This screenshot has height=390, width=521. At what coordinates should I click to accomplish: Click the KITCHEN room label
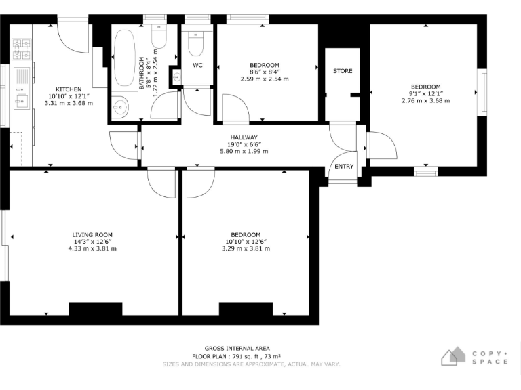click(69, 89)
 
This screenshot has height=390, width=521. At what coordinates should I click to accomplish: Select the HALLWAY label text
click(244, 137)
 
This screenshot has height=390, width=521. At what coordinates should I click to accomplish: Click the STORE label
click(343, 71)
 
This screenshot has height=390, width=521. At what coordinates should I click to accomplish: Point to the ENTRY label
click(344, 167)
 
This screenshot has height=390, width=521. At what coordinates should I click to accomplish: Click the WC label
click(197, 66)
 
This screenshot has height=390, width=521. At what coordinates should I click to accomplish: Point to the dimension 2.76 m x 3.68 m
click(425, 100)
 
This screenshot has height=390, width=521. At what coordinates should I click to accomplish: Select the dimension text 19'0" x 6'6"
click(244, 144)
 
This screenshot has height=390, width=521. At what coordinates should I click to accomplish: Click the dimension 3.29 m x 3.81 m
click(246, 248)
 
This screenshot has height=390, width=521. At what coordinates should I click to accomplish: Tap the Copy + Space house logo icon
click(454, 356)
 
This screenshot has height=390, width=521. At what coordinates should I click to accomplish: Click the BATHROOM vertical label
click(143, 73)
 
